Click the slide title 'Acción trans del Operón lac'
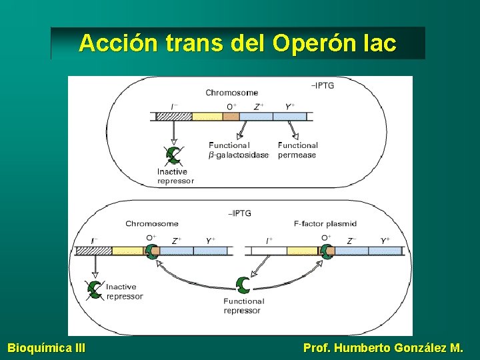coord(237,43)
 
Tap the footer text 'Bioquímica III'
coord(46,347)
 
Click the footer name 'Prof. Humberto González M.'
coord(383,347)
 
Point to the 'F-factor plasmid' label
coord(325,224)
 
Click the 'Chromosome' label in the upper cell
coord(231,93)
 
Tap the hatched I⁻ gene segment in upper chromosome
coord(174,116)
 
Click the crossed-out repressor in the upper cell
coord(173,155)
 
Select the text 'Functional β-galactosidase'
coord(239,150)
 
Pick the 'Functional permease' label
coord(297,150)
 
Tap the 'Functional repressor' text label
coord(243,306)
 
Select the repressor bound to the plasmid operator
coord(326,251)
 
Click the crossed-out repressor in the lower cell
coord(95,289)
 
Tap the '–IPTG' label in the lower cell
coord(239,213)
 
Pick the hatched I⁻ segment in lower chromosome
coord(93,251)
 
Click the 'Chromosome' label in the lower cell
coord(151,224)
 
